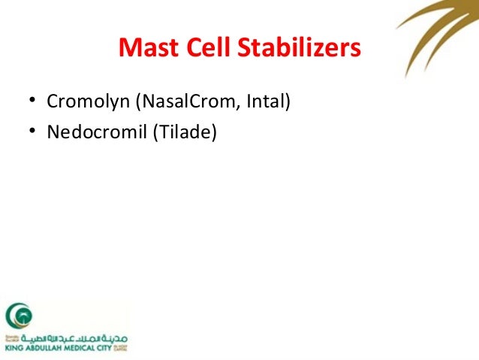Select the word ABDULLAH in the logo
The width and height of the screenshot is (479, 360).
(44, 348)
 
